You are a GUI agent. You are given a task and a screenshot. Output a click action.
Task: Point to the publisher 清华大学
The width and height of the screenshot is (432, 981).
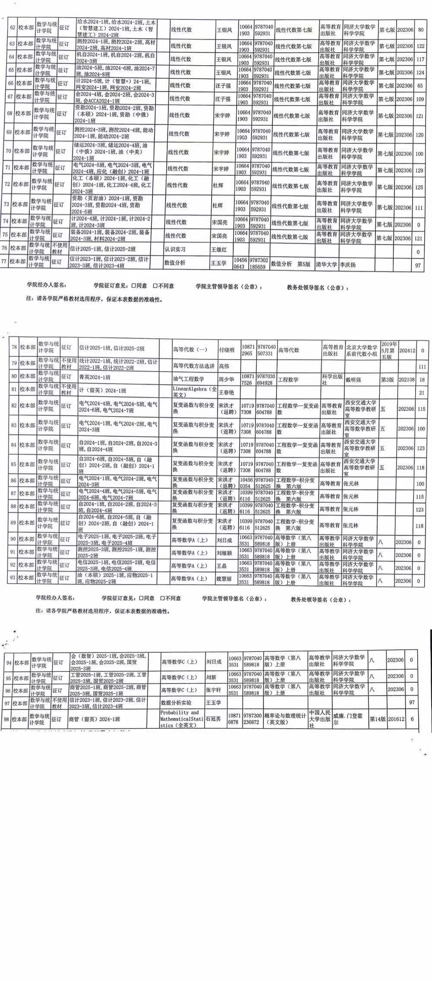326,264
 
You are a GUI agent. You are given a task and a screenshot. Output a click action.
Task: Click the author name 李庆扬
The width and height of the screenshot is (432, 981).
348,264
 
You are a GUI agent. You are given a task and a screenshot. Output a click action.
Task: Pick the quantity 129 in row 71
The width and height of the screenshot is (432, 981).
418,169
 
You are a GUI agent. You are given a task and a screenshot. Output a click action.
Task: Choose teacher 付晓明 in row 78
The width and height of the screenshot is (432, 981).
226,350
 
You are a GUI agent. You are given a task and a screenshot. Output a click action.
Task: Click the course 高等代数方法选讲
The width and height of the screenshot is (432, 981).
194,366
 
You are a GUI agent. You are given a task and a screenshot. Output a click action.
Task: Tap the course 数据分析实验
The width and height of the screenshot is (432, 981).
176,703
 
